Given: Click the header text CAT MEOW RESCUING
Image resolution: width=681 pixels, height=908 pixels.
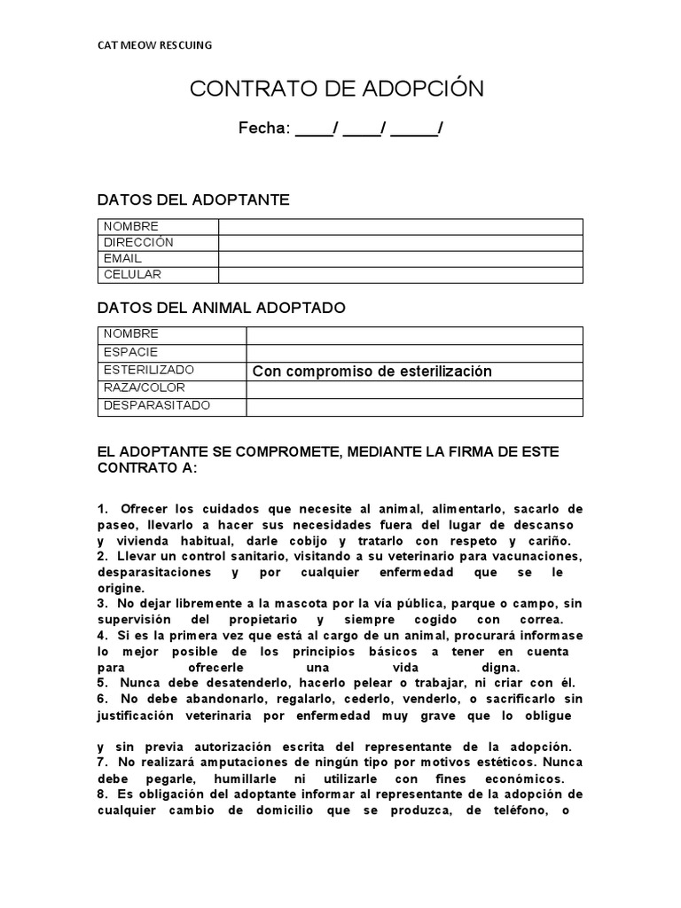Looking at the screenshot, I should [154, 45].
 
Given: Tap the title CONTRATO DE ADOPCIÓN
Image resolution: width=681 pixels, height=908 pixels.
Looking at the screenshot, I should [337, 89].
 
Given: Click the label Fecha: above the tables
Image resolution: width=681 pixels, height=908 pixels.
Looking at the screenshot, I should [263, 129].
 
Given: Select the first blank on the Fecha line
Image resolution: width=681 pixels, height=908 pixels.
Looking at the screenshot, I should [314, 129].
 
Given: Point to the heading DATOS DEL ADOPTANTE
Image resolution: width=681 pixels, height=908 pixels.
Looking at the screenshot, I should [192, 200].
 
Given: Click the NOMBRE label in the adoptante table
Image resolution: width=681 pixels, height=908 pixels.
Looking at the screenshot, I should [131, 226].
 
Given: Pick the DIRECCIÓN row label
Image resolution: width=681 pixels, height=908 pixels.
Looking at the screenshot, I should [138, 242].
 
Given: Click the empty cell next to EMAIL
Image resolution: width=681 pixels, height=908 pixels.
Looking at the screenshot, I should [400, 258].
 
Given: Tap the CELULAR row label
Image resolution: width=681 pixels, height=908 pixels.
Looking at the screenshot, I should [133, 274].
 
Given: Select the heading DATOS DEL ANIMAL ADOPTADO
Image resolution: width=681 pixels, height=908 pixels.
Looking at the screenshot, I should [221, 308].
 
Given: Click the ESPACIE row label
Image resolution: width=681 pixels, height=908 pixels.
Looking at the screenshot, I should [131, 352].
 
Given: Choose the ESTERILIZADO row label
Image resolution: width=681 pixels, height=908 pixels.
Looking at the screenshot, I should [149, 370].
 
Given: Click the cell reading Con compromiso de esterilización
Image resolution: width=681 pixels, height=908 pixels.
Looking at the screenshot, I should [372, 372].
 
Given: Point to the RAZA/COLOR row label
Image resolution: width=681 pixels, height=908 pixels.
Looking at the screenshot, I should [145, 387].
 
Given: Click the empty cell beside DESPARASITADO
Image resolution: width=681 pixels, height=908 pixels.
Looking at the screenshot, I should [414, 406].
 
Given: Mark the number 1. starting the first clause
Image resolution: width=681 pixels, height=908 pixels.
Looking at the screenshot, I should [103, 508].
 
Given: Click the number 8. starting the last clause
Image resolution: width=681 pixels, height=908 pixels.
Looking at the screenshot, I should [103, 794].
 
